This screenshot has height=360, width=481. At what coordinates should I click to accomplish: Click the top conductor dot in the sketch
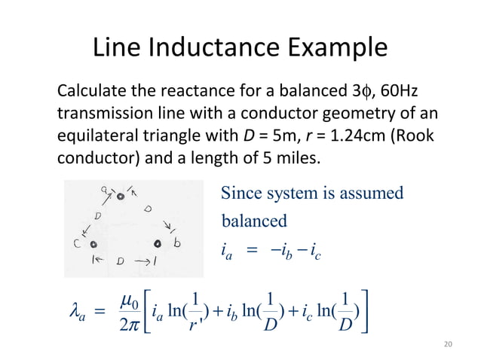[120, 197]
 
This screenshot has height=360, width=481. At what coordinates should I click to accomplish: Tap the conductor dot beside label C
[94, 245]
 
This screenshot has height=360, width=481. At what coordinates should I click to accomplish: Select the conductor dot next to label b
[158, 244]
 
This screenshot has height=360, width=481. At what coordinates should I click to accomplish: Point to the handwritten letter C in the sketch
[78, 244]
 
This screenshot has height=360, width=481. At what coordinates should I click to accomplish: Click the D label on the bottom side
[121, 261]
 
